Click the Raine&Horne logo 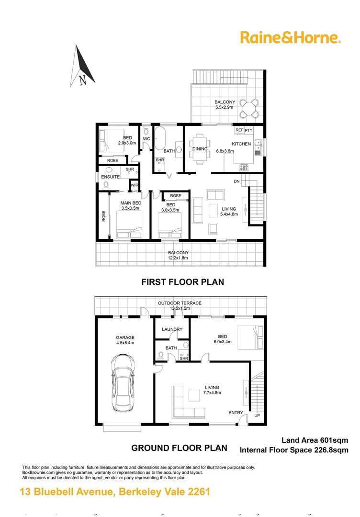(290, 37)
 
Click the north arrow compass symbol (84, 67)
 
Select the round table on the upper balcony (249, 108)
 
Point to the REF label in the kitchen (239, 130)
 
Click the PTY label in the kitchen (249, 130)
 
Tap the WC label (146, 139)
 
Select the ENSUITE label (110, 177)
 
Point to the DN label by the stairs (236, 181)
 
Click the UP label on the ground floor (257, 415)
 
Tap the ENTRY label (236, 413)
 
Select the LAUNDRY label (172, 329)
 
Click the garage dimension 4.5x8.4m (124, 343)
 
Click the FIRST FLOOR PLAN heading (182, 282)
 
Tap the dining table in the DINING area (200, 149)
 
